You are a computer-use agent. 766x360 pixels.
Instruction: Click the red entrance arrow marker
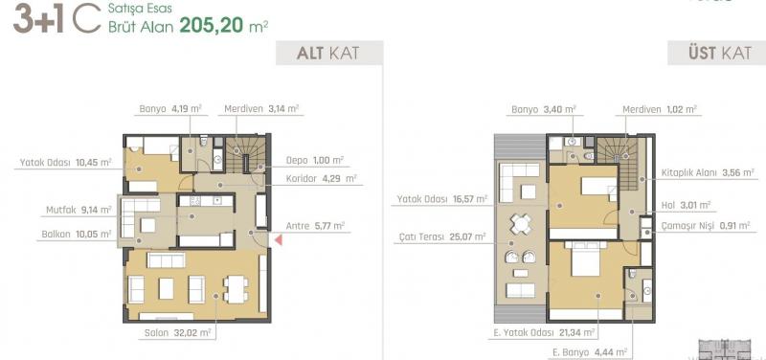click(x=279, y=239)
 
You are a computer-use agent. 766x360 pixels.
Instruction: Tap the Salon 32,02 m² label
click(x=177, y=333)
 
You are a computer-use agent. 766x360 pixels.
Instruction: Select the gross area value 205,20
click(x=212, y=25)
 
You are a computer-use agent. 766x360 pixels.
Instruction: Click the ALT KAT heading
click(x=327, y=53)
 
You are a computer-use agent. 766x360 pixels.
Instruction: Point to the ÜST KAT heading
click(x=720, y=53)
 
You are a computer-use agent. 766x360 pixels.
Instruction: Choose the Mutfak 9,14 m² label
click(x=79, y=210)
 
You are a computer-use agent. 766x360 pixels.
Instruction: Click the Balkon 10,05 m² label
click(x=77, y=235)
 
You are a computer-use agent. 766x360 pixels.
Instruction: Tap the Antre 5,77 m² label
click(x=315, y=226)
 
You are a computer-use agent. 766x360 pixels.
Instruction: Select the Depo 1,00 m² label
click(x=315, y=160)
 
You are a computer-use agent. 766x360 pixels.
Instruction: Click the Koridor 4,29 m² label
click(x=322, y=179)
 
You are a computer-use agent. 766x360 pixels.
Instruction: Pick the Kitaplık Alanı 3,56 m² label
click(x=708, y=172)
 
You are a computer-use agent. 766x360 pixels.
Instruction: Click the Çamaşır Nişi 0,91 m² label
click(x=706, y=226)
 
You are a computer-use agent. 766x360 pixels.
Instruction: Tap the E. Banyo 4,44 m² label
click(x=590, y=351)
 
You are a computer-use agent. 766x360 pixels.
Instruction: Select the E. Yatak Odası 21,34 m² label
click(x=541, y=333)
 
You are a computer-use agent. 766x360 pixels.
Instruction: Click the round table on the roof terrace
click(x=521, y=225)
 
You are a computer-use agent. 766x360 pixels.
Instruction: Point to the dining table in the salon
click(x=236, y=289)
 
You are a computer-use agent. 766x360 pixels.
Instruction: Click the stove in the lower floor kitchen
click(x=196, y=200)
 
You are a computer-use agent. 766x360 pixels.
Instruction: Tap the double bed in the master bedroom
click(x=585, y=259)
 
